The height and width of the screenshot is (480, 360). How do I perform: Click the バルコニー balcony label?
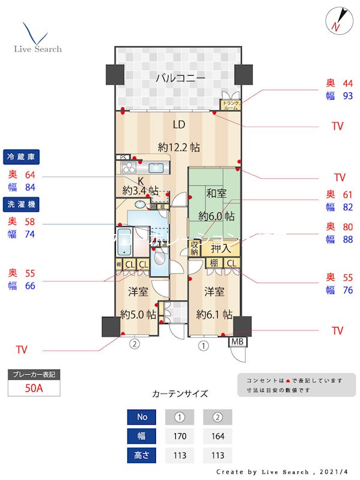(x=181, y=78)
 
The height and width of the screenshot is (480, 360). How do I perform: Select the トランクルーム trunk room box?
(x=231, y=106)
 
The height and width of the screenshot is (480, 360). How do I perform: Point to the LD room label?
(x=179, y=125)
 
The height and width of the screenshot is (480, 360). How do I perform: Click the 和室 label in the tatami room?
(x=217, y=193)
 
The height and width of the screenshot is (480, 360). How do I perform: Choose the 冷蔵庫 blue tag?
(x=22, y=156)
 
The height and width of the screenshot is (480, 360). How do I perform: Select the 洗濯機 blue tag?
(x=22, y=204)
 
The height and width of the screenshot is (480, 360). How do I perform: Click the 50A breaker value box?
(x=34, y=388)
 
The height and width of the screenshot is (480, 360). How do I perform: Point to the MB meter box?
(x=238, y=343)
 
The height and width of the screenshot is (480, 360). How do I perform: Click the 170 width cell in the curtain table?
(x=180, y=436)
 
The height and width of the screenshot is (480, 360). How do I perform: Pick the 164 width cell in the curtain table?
(x=217, y=436)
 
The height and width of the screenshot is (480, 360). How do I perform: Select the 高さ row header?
(x=142, y=455)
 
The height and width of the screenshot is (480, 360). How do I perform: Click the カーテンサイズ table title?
(x=180, y=394)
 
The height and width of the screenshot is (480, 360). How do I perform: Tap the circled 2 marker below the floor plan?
(x=135, y=344)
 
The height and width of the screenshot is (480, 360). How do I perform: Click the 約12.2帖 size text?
(x=179, y=147)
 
